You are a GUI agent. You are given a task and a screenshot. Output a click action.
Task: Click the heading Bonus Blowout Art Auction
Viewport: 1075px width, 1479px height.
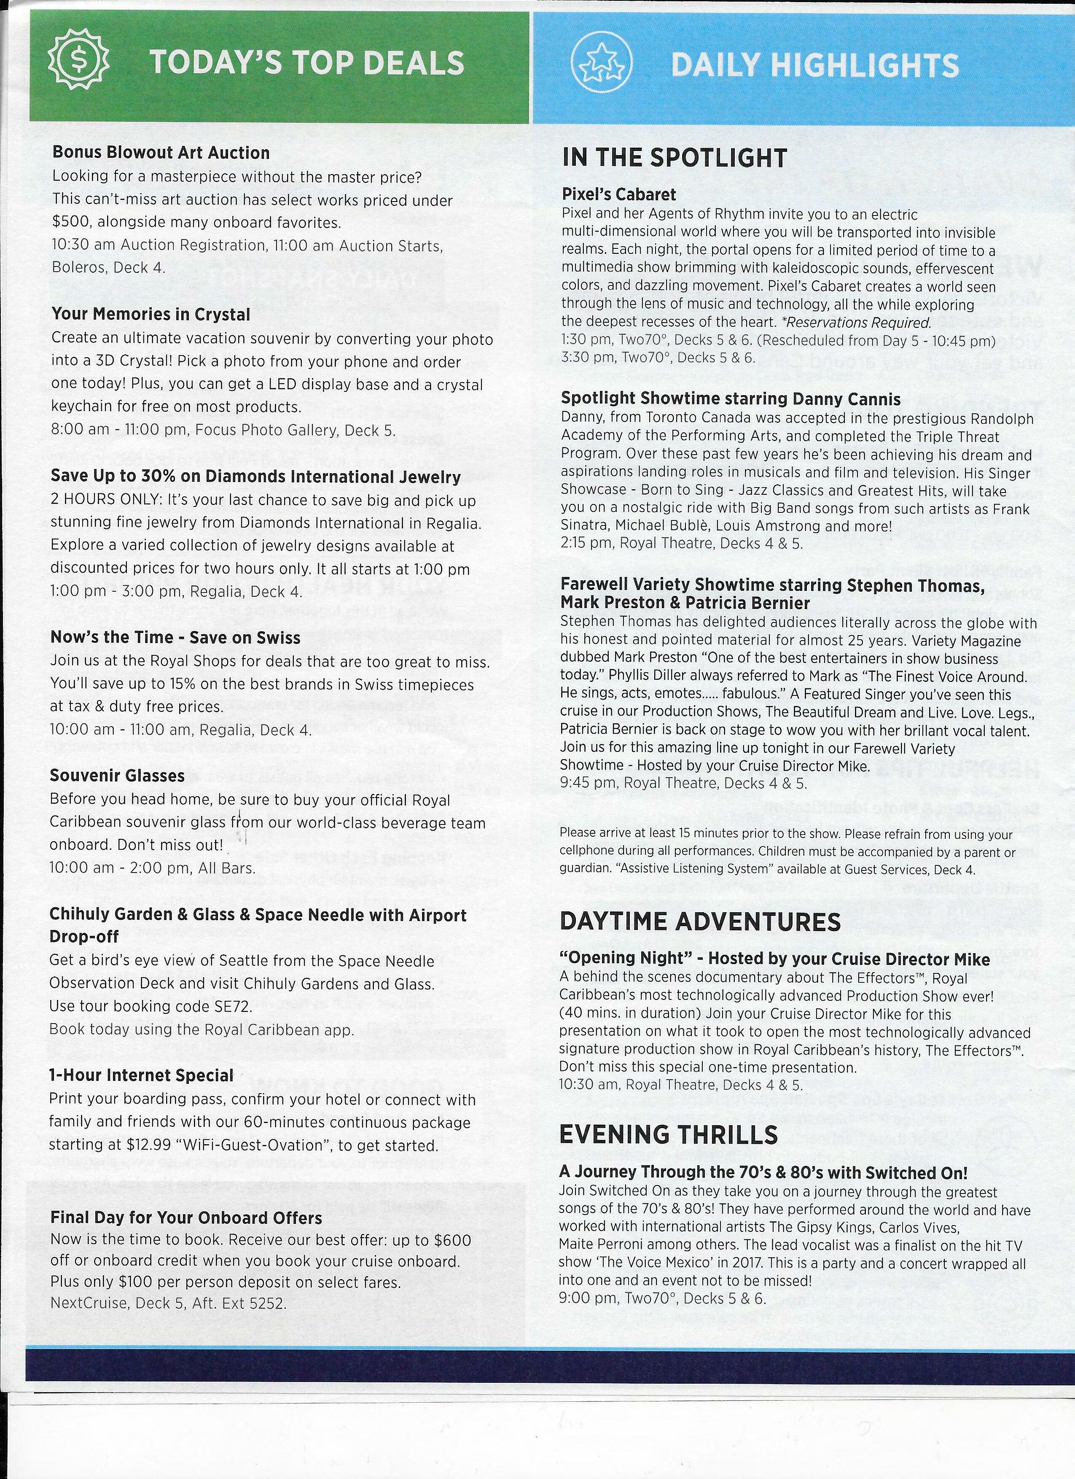(x=160, y=153)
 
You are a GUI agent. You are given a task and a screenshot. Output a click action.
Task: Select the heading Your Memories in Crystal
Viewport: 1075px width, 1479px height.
(x=150, y=314)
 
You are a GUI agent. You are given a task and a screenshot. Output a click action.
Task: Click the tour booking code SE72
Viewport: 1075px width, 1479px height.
(x=232, y=1005)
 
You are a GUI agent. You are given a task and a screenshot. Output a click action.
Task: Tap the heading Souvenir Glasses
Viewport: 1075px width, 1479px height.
(x=117, y=776)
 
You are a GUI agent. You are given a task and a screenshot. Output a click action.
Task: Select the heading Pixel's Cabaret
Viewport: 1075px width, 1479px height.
(x=619, y=194)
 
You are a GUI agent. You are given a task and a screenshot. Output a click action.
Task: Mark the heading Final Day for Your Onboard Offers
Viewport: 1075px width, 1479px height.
(x=186, y=1218)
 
